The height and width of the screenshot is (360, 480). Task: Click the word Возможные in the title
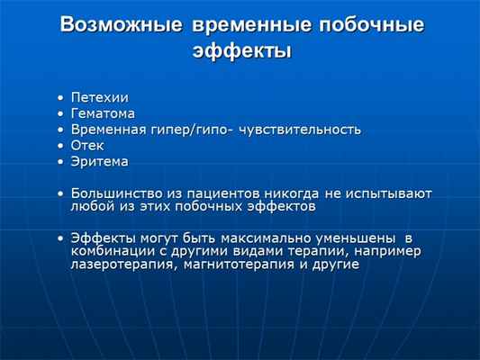tap(120, 25)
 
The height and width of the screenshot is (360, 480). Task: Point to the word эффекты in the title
tap(240, 51)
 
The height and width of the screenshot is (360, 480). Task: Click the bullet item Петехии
tap(100, 97)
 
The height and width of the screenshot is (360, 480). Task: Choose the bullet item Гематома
tap(103, 113)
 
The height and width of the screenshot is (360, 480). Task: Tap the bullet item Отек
tap(88, 146)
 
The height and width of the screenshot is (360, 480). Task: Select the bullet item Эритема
tap(99, 162)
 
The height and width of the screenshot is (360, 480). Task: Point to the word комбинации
tap(111, 251)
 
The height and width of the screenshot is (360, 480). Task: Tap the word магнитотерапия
tap(240, 265)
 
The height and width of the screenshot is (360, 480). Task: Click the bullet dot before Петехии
tap(59, 97)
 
